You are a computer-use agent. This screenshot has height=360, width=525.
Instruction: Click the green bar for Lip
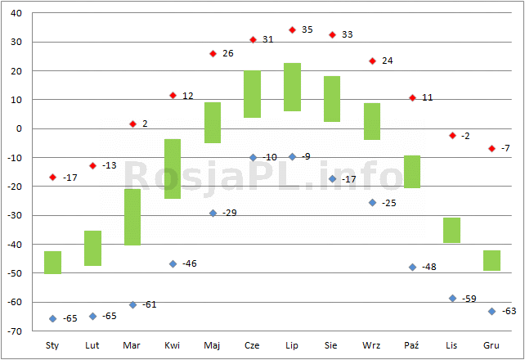(292, 87)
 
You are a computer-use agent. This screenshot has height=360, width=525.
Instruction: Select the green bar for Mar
(132, 217)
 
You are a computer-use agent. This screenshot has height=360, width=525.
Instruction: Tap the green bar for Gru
(491, 260)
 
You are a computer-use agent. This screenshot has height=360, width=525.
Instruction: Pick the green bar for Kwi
(173, 169)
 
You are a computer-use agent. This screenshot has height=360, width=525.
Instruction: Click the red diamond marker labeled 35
(292, 30)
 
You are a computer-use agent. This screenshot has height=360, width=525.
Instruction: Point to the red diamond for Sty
(52, 178)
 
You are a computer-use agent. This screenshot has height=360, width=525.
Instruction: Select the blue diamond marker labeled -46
(173, 264)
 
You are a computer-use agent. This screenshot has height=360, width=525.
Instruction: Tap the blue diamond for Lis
(452, 298)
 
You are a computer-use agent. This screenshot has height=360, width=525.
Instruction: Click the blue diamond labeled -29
(213, 213)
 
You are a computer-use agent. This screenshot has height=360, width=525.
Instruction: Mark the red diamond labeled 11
(412, 98)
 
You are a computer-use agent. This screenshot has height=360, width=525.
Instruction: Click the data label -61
(150, 304)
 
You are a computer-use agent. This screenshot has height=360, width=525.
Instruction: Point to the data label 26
(228, 53)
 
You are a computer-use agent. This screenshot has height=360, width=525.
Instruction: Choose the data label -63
(509, 311)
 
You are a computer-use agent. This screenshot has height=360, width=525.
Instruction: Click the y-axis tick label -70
(15, 331)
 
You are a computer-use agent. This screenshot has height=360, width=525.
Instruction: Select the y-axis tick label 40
(16, 13)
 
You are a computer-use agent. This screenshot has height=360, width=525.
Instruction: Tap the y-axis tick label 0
(19, 128)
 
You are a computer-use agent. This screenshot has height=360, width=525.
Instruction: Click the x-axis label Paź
(411, 345)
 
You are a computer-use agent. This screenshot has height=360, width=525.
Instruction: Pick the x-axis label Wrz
(371, 345)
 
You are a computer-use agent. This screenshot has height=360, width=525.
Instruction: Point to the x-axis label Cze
(252, 345)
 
